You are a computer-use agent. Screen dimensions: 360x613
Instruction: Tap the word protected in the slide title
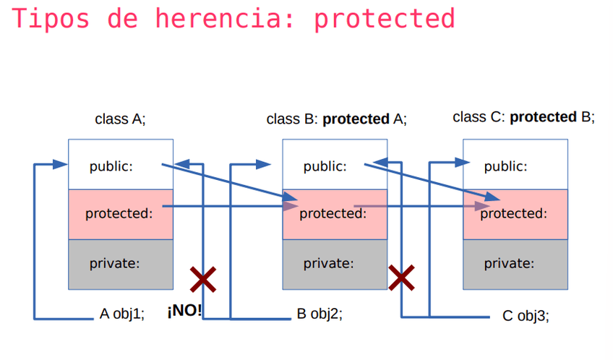pos(384,19)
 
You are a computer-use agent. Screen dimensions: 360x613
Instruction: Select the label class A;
pos(120,119)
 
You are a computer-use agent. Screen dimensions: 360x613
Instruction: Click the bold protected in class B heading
pos(356,119)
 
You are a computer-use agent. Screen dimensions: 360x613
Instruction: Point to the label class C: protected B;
pos(523,117)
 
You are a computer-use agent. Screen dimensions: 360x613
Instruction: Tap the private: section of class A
pos(115,263)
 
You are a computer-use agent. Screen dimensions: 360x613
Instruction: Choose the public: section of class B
pos(325,166)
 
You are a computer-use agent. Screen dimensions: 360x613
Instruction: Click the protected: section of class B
pos(333,213)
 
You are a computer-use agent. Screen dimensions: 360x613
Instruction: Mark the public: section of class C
pos(506,166)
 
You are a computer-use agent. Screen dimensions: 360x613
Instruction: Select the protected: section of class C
pos(514,213)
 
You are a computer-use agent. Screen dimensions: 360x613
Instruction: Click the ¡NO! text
pos(184,313)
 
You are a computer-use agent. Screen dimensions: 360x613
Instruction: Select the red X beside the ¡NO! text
pos(203,278)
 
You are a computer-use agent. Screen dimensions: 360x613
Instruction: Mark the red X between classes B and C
pos(402,278)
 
